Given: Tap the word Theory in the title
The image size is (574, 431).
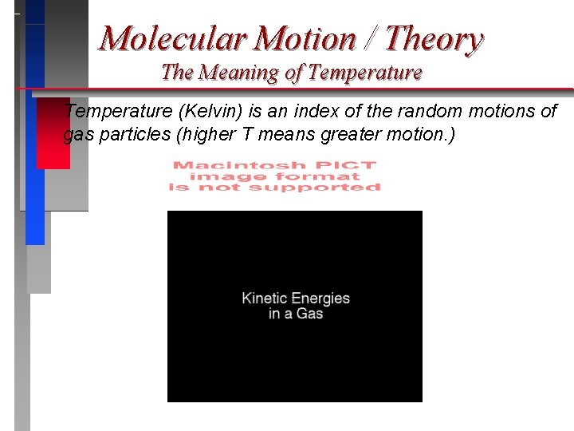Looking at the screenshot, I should [x=434, y=38].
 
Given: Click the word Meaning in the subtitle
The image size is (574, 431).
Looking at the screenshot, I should [x=237, y=73].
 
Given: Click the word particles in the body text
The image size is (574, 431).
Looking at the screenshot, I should [x=131, y=135].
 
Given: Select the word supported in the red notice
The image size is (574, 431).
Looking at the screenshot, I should [x=315, y=188].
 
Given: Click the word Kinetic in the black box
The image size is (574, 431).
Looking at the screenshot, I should [x=265, y=299].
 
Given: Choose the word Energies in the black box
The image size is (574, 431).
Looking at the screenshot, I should [x=320, y=299].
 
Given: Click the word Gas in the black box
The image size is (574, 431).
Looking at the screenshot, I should [x=309, y=314].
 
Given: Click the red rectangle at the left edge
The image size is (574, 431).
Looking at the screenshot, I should [x=53, y=133].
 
